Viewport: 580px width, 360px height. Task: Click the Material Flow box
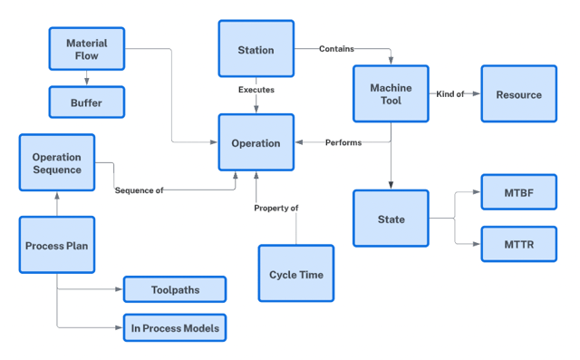point(86,50)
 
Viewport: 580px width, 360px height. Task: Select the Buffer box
point(86,102)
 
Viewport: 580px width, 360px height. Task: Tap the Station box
point(256,50)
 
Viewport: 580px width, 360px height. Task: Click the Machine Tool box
point(391,94)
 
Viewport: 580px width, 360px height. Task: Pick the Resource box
point(518,94)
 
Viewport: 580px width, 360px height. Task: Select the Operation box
point(256,142)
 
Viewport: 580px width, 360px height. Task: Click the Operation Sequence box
point(56,163)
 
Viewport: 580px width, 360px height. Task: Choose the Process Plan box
point(56,246)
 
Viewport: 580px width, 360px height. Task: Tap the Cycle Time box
point(295,275)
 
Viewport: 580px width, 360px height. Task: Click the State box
point(391,219)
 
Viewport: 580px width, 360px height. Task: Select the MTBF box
point(518,192)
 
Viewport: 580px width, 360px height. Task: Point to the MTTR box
point(518,244)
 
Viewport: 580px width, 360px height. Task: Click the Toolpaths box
point(174,289)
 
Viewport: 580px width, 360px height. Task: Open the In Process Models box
point(174,327)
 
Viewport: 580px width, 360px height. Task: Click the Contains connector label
point(336,49)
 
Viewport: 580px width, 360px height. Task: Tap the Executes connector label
point(256,90)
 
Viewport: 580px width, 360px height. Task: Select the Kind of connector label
point(450,94)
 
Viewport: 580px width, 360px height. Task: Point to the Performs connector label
point(343,142)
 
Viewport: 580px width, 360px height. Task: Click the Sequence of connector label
point(139,190)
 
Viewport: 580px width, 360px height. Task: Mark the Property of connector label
point(275,208)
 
